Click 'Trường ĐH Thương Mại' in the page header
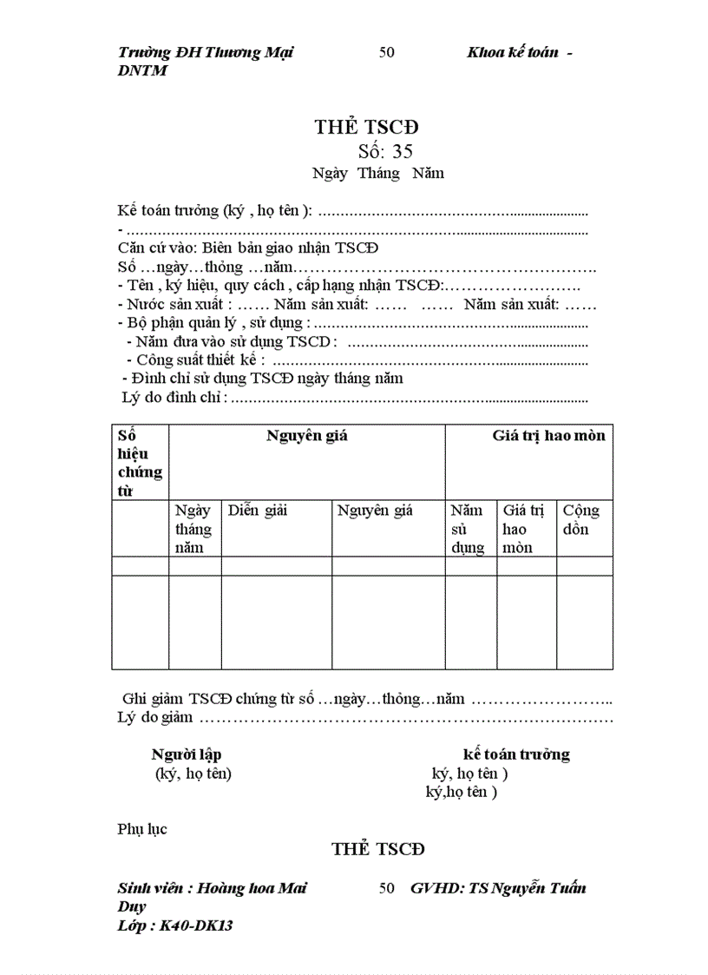(206, 52)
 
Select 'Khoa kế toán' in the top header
(512, 52)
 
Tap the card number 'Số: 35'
(378, 151)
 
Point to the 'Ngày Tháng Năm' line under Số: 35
(378, 173)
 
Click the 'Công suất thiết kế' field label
(200, 359)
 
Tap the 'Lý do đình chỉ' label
(174, 397)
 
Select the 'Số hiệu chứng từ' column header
(139, 463)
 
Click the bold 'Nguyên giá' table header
(306, 436)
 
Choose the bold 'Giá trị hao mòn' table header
(548, 436)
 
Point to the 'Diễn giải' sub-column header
(258, 511)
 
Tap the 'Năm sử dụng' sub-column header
(468, 529)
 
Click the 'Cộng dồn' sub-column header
(580, 519)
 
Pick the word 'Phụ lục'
(142, 828)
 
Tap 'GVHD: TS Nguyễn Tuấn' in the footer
(498, 888)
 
